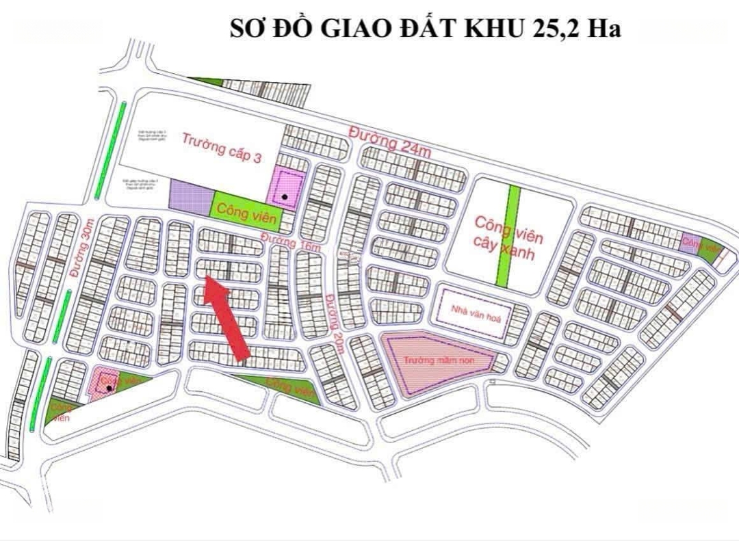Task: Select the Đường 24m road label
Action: pyautogui.click(x=389, y=140)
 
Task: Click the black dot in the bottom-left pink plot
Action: pyautogui.click(x=109, y=388)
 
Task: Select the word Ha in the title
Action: pyautogui.click(x=603, y=29)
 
